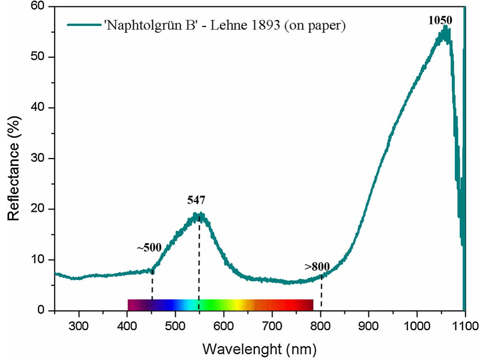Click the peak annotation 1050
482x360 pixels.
click(440, 20)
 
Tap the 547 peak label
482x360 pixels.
click(196, 200)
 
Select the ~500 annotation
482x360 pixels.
click(149, 248)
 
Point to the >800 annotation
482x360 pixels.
click(317, 267)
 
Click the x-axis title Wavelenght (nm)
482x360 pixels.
click(259, 349)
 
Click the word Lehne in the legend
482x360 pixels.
click(226, 25)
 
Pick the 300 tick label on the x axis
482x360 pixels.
click(79, 326)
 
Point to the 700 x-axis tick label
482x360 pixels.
click(272, 326)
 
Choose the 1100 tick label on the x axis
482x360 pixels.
click(465, 326)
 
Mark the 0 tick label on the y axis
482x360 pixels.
click(41, 310)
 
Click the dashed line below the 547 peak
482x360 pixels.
click(199, 264)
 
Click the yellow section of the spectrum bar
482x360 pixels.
click(236, 304)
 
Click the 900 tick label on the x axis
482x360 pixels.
click(369, 326)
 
